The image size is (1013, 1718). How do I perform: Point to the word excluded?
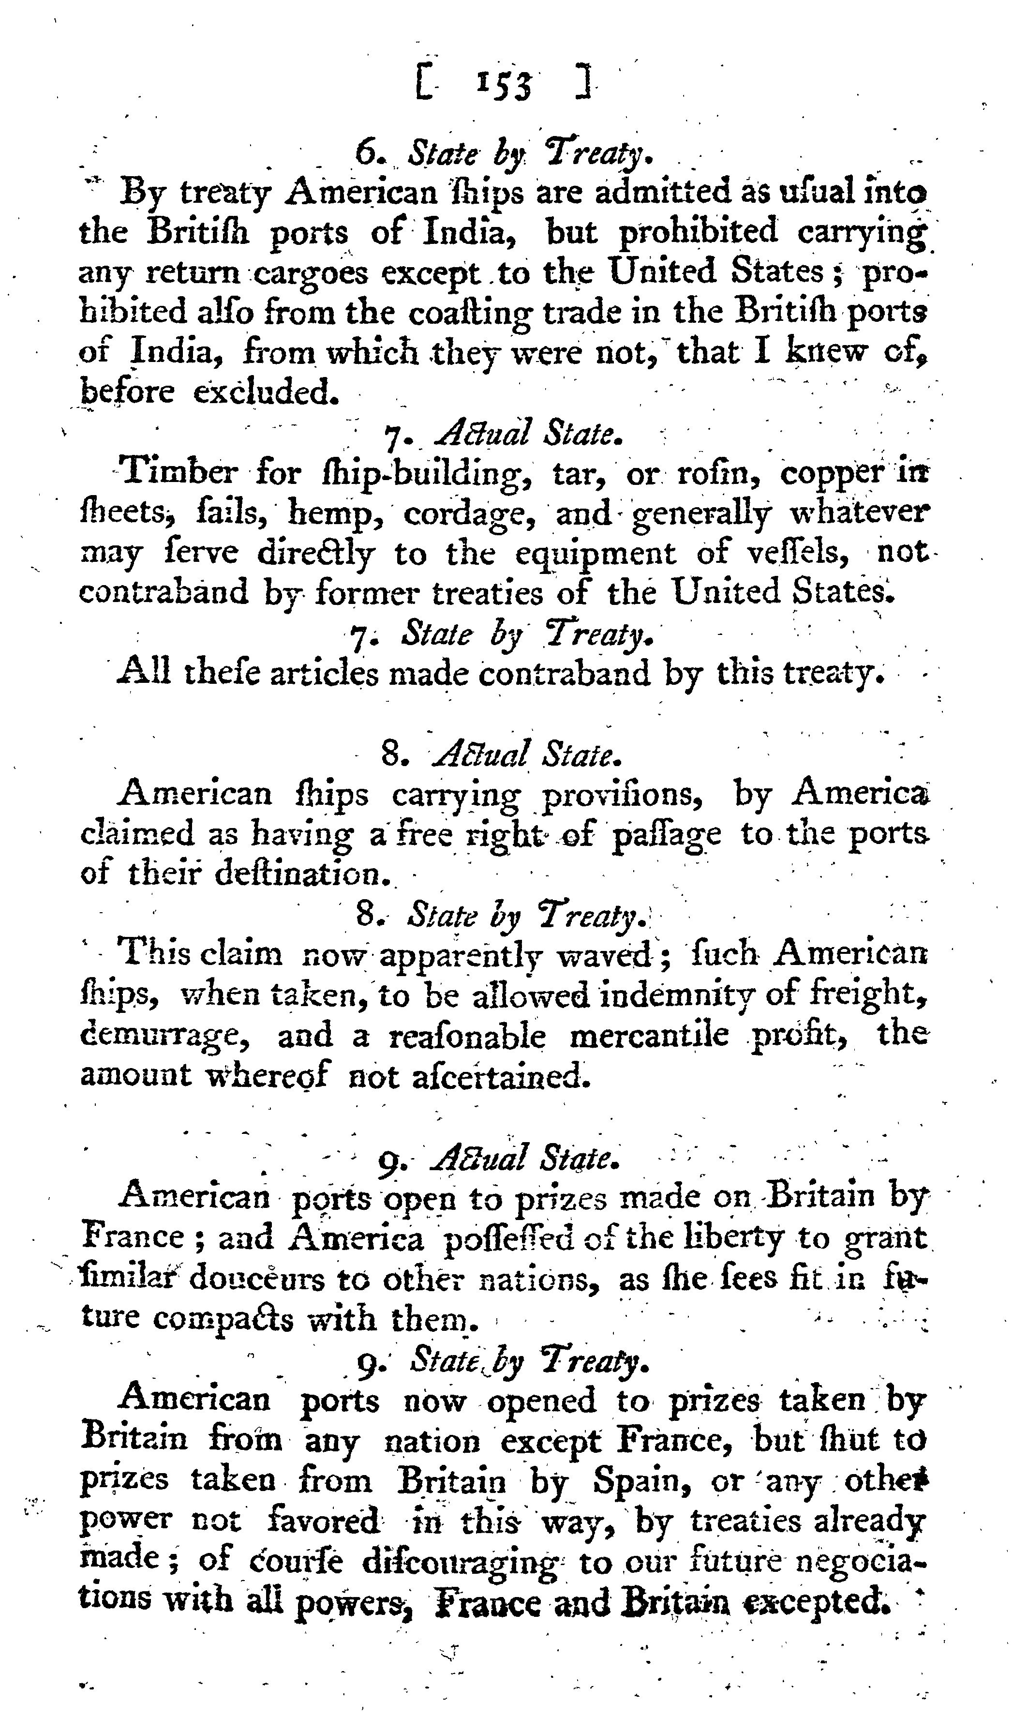(266, 392)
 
